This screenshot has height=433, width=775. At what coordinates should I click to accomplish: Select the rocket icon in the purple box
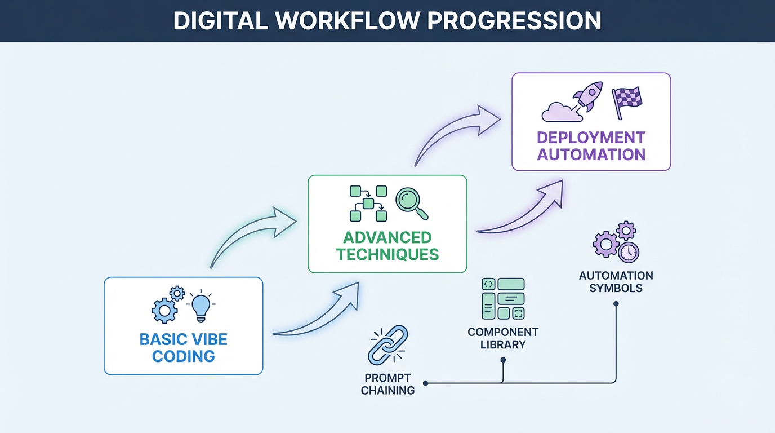point(587,96)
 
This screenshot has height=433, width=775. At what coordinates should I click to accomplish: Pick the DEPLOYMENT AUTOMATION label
point(591,146)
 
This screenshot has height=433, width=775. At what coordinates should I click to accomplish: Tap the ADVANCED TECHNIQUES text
point(387,245)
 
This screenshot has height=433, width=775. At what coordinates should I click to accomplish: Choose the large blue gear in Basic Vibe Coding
point(164,311)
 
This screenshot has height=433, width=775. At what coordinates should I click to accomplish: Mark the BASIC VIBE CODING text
point(184,348)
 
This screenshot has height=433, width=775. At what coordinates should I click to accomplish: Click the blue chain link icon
point(387,343)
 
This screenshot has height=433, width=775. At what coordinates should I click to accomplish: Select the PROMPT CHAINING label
point(387,384)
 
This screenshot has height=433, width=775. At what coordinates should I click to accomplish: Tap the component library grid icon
point(503,298)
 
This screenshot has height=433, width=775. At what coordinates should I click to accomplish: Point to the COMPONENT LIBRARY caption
point(503,338)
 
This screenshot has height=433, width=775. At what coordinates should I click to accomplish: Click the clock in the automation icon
point(628,252)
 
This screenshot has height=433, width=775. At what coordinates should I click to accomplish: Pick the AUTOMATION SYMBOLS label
point(616,282)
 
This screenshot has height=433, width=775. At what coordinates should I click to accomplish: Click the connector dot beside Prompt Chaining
point(425,383)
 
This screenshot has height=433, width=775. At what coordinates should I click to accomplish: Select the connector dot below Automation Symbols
point(616,304)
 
